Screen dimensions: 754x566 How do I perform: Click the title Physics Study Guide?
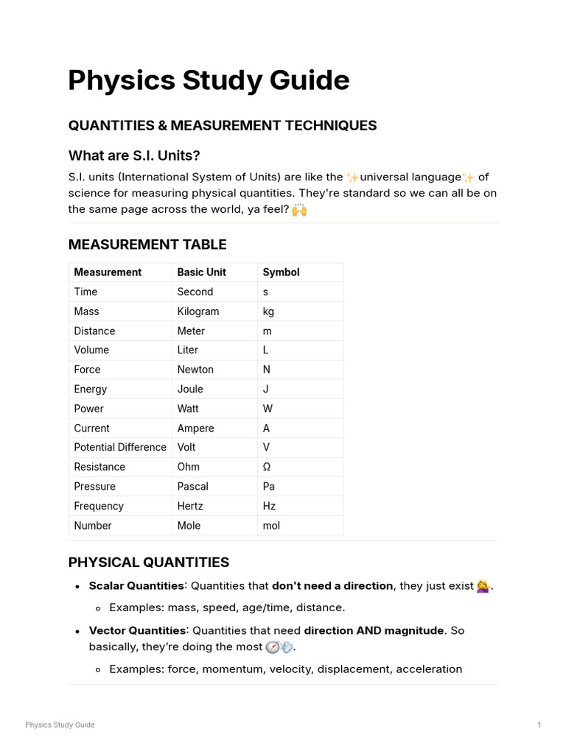[209, 80]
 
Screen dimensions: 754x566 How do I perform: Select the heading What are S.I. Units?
[134, 155]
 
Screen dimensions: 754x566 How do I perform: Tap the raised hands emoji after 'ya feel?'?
[298, 210]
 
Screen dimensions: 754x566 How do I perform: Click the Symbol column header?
[281, 272]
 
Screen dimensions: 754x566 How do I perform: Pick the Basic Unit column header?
[201, 272]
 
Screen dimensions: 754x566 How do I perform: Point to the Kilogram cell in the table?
[198, 311]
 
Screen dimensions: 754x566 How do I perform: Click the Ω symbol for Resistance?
[267, 467]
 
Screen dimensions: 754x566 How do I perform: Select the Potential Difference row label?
[120, 448]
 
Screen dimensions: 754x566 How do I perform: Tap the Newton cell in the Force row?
[195, 370]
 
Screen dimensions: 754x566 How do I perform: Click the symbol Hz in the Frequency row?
[269, 506]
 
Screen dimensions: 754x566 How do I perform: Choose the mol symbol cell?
[271, 526]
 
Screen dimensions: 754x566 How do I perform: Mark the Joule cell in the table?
[190, 390]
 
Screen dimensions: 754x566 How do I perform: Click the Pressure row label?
[94, 487]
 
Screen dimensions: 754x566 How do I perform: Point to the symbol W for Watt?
[267, 409]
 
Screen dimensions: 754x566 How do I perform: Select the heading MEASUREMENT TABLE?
[147, 244]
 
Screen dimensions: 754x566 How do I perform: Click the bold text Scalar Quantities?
[136, 586]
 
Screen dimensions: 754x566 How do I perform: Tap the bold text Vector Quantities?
[137, 631]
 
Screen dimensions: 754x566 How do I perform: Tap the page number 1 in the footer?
[539, 725]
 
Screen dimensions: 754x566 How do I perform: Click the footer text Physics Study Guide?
[60, 725]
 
